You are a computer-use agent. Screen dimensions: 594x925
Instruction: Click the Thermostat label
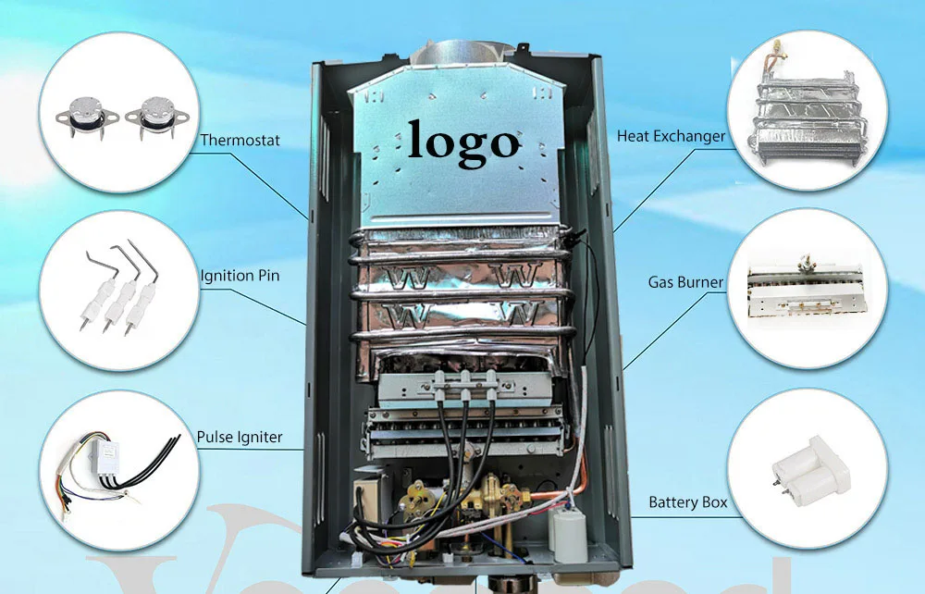point(240,141)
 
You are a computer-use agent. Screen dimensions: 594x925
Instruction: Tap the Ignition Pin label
point(240,275)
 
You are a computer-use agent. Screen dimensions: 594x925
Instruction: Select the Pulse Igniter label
point(240,437)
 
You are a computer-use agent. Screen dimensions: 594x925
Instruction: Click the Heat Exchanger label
point(671,137)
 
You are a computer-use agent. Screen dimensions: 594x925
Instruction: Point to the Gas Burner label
point(685,281)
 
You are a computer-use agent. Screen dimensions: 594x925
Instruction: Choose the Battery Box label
point(687,502)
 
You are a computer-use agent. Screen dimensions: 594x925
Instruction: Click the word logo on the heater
point(463,142)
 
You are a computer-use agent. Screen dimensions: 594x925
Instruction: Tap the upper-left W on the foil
point(402,277)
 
